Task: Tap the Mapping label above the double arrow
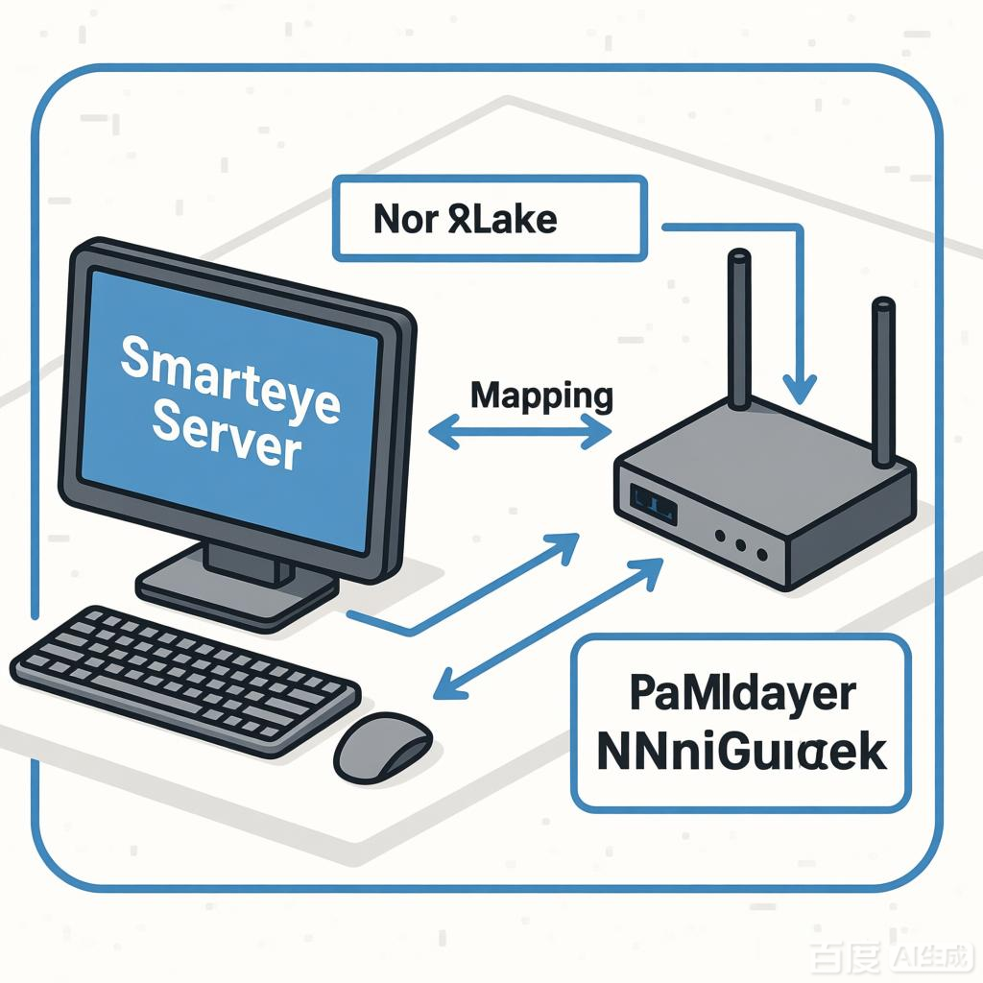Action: click(542, 395)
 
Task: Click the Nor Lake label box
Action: click(488, 218)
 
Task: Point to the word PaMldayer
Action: click(741, 694)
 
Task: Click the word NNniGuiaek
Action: click(741, 754)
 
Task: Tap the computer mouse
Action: click(382, 745)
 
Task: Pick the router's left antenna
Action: click(739, 331)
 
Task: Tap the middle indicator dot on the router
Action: click(740, 545)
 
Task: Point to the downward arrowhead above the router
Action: click(799, 389)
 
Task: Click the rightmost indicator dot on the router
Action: click(762, 554)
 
